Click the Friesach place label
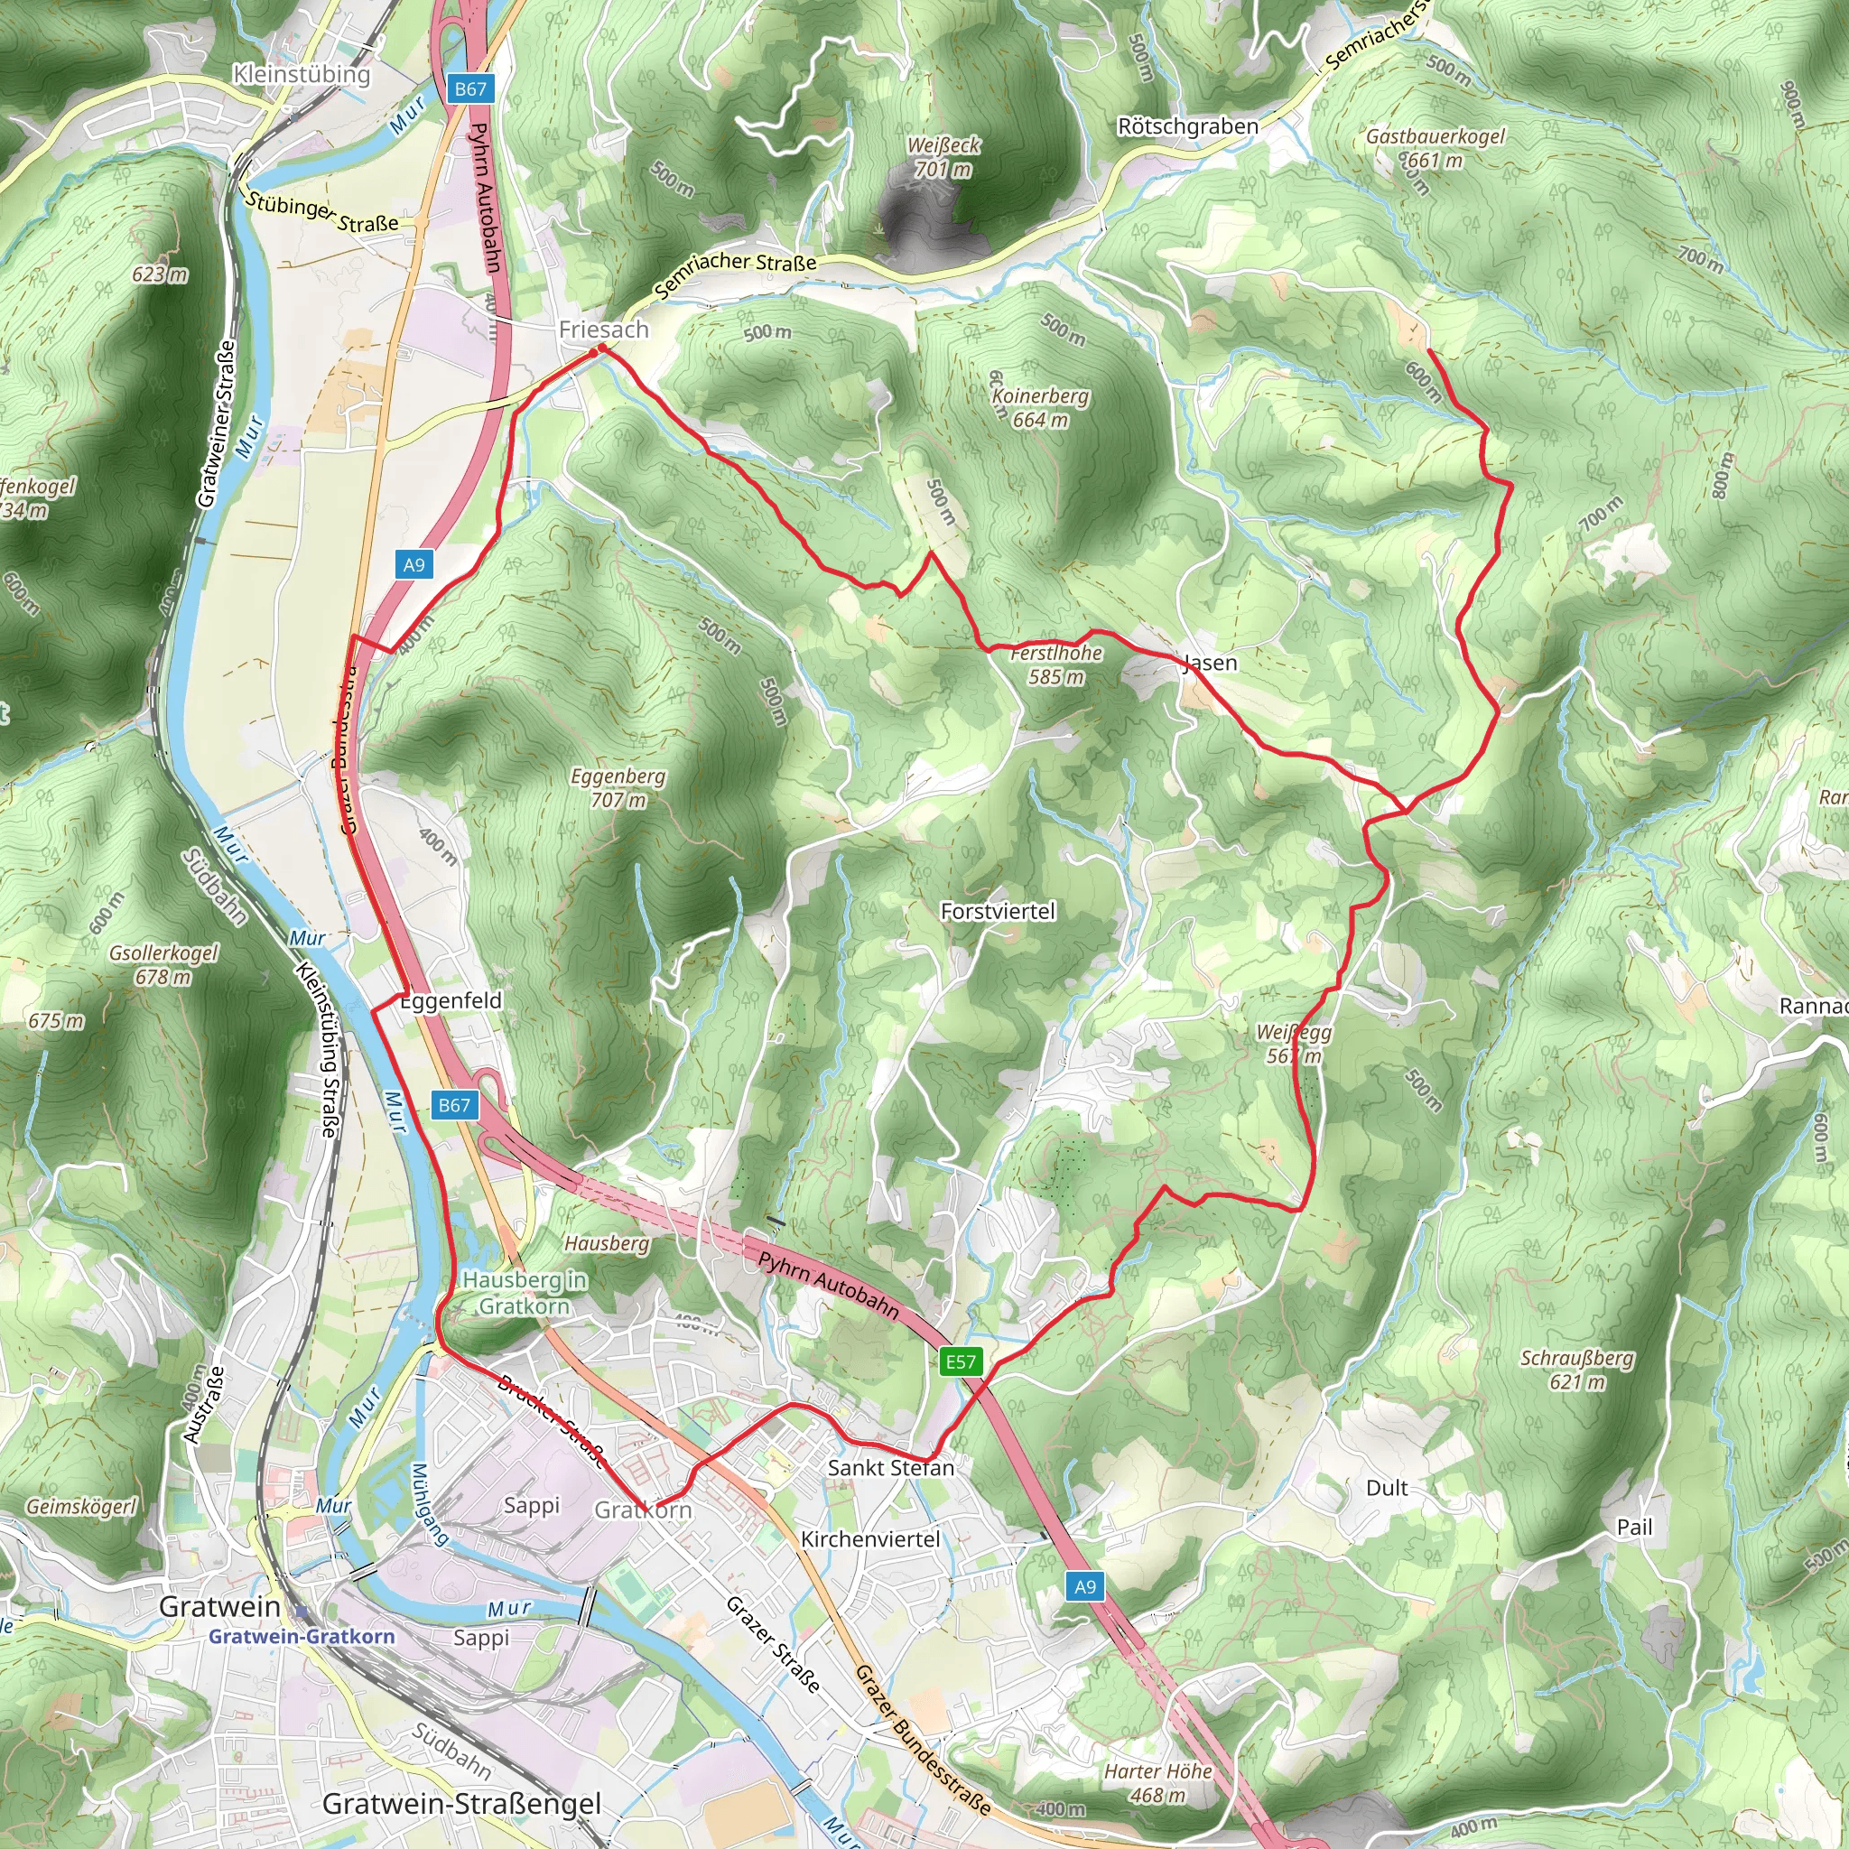[x=603, y=330]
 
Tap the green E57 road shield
[x=961, y=1361]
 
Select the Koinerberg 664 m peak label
[x=1040, y=408]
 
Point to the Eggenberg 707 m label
[x=618, y=787]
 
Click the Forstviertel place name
[x=998, y=911]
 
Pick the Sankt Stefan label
[x=891, y=1468]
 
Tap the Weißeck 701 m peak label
[x=943, y=157]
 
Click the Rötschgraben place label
[x=1188, y=126]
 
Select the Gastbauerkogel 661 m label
[x=1435, y=147]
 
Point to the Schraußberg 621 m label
[x=1577, y=1370]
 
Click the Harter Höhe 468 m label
[x=1158, y=1783]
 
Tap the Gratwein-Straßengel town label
[x=461, y=1804]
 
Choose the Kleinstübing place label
[x=302, y=74]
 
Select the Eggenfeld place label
[x=450, y=1001]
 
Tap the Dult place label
[x=1387, y=1488]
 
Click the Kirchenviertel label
[x=870, y=1539]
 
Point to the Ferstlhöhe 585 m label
[x=1056, y=664]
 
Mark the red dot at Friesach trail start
[x=593, y=353]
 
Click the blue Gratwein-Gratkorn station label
[x=302, y=1637]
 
